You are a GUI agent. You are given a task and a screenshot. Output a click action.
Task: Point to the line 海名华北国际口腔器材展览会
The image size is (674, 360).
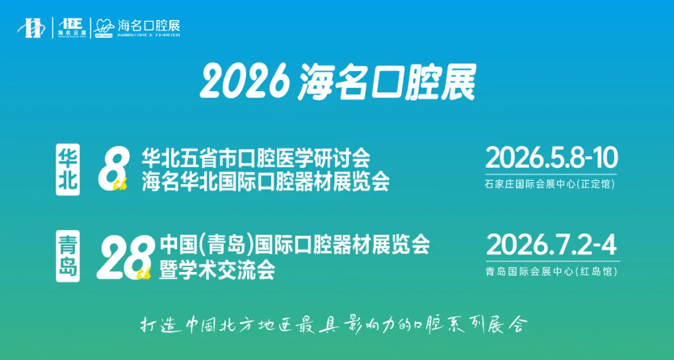click(x=265, y=182)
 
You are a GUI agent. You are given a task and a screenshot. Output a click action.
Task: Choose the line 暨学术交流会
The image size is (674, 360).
click(x=217, y=270)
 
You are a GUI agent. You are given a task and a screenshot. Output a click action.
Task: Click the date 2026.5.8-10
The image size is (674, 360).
click(x=551, y=158)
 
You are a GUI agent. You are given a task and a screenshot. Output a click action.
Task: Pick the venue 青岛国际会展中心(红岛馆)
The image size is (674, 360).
click(x=550, y=271)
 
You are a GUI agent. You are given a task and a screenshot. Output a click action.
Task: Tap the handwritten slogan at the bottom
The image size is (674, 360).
click(x=333, y=325)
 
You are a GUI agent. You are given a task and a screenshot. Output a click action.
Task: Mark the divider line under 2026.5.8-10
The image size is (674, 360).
click(x=551, y=174)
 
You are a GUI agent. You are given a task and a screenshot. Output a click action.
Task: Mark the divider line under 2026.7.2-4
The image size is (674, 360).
click(x=552, y=261)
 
